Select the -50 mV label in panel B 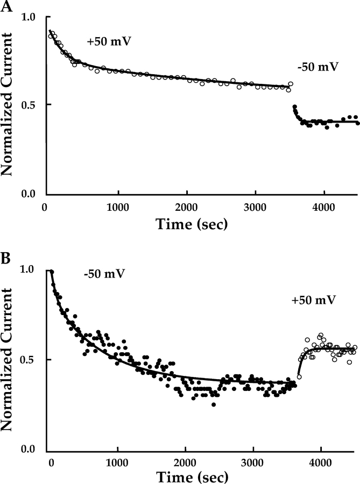click(x=104, y=274)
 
